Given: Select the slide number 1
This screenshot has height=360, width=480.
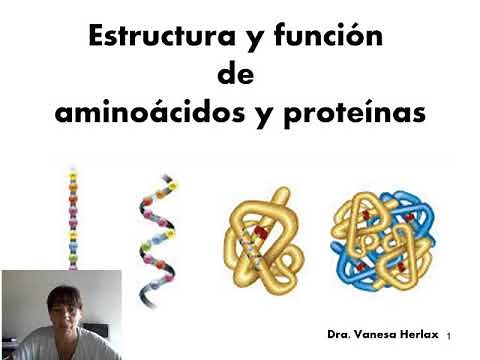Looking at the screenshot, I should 451,332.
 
